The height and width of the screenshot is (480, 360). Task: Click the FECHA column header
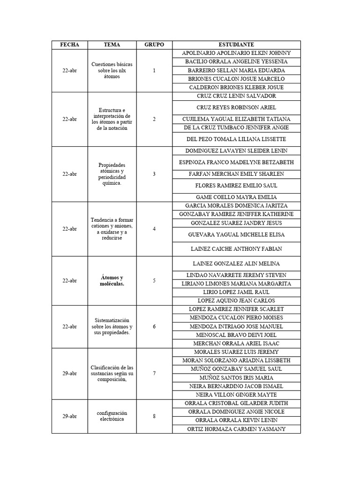[69, 45]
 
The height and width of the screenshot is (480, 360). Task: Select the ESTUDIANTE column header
[236, 45]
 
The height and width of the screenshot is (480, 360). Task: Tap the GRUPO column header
[154, 45]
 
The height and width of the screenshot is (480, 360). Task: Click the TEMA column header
[112, 45]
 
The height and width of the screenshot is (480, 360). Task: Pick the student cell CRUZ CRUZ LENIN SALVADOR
[236, 96]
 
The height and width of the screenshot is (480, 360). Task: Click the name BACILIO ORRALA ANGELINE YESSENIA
[236, 62]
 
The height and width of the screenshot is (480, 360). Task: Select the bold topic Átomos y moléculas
[112, 281]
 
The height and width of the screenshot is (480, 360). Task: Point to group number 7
[154, 374]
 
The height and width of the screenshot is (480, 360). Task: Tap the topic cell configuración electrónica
[112, 416]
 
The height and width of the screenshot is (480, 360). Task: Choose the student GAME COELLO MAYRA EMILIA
[236, 197]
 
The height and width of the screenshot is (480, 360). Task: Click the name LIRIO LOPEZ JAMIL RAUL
[236, 292]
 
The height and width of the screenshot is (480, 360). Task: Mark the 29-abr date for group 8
[69, 416]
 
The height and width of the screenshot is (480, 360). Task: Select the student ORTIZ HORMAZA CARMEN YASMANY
[236, 429]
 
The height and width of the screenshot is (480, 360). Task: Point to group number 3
[154, 174]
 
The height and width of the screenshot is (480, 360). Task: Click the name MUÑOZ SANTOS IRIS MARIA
[236, 378]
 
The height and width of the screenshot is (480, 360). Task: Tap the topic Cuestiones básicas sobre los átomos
[112, 70]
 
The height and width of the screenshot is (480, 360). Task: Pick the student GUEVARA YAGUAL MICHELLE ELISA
[236, 234]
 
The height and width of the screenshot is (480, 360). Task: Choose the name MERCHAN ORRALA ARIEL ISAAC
[236, 344]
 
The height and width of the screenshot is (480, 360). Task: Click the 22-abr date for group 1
[69, 70]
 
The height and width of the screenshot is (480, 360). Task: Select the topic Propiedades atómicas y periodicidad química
[112, 174]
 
